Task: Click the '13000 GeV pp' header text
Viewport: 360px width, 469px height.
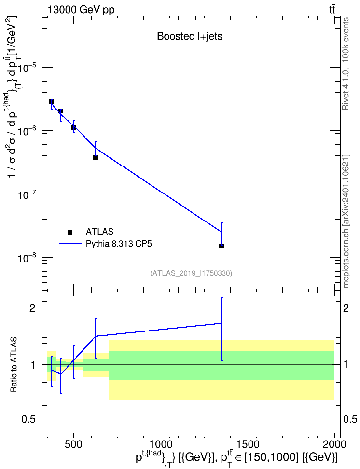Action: (x=81, y=10)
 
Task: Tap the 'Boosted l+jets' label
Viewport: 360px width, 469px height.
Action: (x=190, y=36)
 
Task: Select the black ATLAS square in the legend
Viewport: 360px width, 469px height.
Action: (x=70, y=232)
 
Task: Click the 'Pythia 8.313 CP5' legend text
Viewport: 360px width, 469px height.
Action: (x=119, y=244)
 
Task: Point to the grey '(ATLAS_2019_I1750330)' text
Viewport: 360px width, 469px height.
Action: (x=191, y=273)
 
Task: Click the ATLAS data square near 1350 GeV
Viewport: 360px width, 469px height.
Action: (x=222, y=246)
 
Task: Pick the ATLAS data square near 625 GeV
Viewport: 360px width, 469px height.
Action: (x=96, y=157)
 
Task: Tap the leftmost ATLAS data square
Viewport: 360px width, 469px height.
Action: (x=52, y=102)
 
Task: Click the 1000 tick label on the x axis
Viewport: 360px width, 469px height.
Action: (x=161, y=444)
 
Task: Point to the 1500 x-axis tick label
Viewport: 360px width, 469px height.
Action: (x=248, y=444)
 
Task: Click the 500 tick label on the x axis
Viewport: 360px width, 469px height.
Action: (x=74, y=444)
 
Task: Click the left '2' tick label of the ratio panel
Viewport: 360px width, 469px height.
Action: (x=32, y=308)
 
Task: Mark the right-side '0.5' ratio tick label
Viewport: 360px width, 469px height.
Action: (x=350, y=419)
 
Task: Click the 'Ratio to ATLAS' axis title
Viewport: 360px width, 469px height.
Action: (x=14, y=365)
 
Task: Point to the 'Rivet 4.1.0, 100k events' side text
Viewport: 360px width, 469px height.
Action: (x=346, y=64)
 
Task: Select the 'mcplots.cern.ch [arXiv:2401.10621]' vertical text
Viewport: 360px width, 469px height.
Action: (x=346, y=221)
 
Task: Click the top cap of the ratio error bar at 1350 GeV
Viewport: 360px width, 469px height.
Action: (x=222, y=297)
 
